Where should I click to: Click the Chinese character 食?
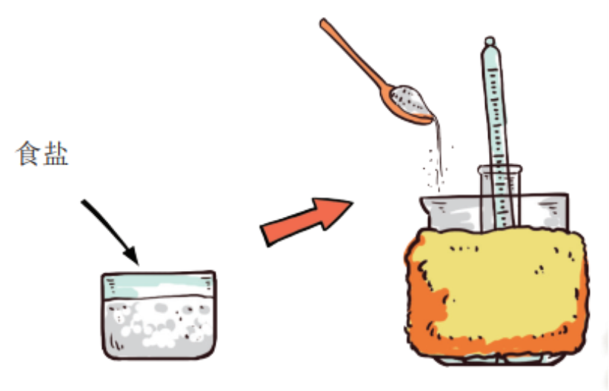[x=27, y=153]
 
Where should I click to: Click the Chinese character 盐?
[x=56, y=153]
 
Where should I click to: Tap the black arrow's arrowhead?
[x=131, y=255]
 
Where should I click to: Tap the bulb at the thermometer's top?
[x=490, y=41]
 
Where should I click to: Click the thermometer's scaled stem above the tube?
[x=495, y=109]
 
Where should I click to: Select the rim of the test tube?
[x=499, y=170]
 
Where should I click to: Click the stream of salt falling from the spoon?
[x=439, y=156]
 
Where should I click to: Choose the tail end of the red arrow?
[x=265, y=235]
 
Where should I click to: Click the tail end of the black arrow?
[x=83, y=201]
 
